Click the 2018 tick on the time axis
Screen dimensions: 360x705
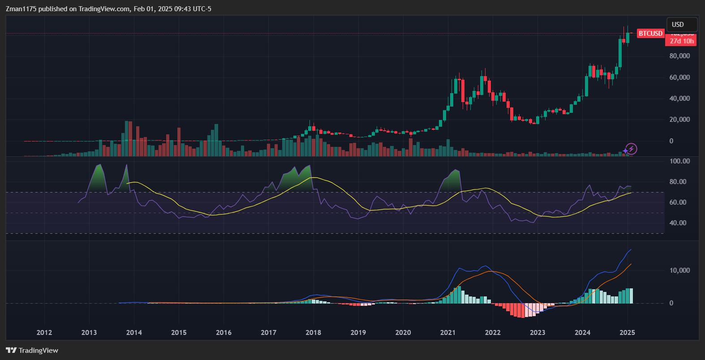pyautogui.click(x=313, y=332)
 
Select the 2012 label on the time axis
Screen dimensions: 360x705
pyautogui.click(x=44, y=332)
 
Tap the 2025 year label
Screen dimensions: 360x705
pyautogui.click(x=627, y=332)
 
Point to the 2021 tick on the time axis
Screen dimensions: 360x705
pyautogui.click(x=448, y=332)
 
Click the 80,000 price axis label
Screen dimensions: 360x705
pyautogui.click(x=679, y=56)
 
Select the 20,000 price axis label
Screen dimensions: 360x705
pyautogui.click(x=679, y=120)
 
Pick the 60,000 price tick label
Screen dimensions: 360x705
pyautogui.click(x=679, y=77)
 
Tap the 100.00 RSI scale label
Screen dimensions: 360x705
pyautogui.click(x=679, y=161)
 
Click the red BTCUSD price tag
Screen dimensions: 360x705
pyautogui.click(x=650, y=34)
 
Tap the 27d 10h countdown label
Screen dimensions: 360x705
pyautogui.click(x=681, y=41)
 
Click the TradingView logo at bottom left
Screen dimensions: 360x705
pyautogui.click(x=32, y=350)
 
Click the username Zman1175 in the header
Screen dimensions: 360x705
pyautogui.click(x=21, y=9)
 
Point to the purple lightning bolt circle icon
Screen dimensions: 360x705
pyautogui.click(x=631, y=149)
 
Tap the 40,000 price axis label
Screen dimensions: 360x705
pyautogui.click(x=679, y=99)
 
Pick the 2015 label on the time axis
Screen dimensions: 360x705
pyautogui.click(x=179, y=332)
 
